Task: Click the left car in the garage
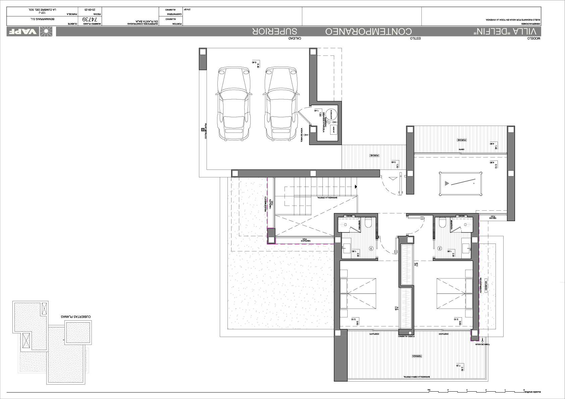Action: (x=234, y=104)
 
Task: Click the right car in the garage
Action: (x=281, y=104)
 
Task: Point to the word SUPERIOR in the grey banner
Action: (x=275, y=32)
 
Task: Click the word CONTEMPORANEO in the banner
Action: (x=368, y=32)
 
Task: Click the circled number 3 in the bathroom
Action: (x=371, y=249)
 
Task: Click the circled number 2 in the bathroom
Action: (x=440, y=249)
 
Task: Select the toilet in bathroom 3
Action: (x=368, y=222)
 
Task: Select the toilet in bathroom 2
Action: (x=442, y=222)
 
